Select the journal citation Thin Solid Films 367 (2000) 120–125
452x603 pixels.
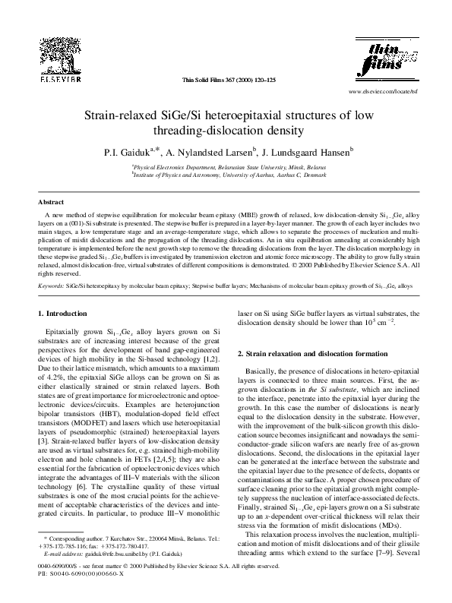pos(225,80)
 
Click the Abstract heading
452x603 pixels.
pos(50,203)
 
